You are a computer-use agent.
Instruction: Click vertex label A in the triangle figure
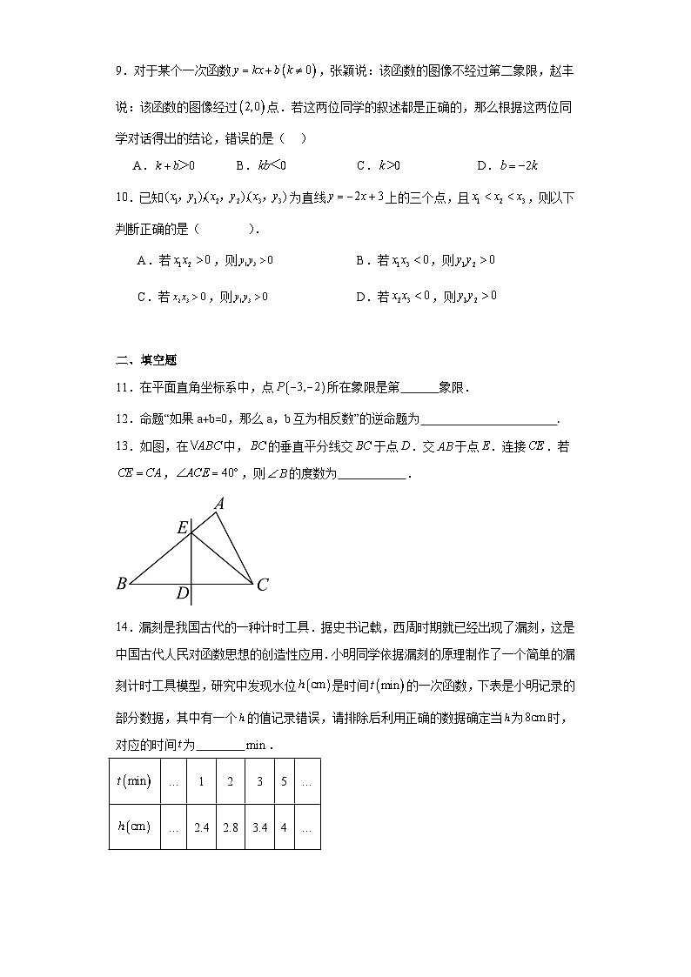(220, 503)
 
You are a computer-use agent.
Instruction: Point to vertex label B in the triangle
(121, 584)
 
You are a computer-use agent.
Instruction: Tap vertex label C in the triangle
(262, 585)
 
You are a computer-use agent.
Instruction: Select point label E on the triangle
(182, 527)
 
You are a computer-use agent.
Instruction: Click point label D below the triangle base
(182, 593)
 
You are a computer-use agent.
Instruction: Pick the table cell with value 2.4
(201, 826)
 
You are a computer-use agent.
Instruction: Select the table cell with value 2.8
(230, 826)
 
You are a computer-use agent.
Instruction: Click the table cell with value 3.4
(259, 826)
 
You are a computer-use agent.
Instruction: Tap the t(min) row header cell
(134, 780)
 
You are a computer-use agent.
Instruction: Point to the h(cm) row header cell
(134, 826)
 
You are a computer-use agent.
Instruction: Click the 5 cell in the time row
(284, 780)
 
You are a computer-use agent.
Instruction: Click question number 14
(123, 626)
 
